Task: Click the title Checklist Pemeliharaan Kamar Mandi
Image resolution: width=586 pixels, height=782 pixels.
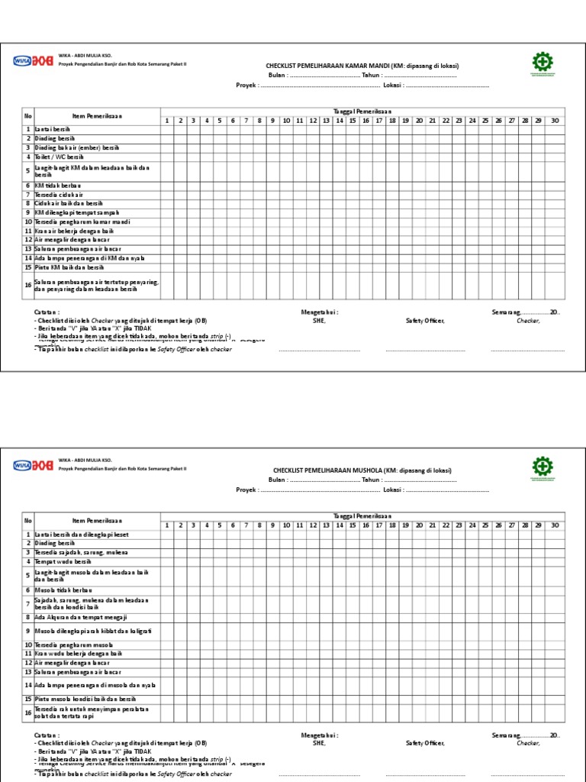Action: click(x=362, y=66)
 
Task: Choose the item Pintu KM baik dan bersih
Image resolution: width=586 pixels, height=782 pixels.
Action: click(x=69, y=267)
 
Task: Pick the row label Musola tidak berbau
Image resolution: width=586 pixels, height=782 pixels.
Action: click(x=63, y=590)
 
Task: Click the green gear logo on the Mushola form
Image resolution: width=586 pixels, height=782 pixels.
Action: click(x=543, y=468)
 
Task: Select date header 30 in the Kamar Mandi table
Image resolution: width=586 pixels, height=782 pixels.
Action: click(x=555, y=121)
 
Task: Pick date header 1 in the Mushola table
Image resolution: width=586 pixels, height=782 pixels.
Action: click(x=167, y=525)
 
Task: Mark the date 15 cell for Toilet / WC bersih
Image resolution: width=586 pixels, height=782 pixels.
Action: click(x=353, y=157)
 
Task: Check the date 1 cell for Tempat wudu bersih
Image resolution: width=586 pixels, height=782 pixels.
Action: click(x=167, y=561)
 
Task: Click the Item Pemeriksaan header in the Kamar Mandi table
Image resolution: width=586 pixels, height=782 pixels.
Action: click(x=97, y=116)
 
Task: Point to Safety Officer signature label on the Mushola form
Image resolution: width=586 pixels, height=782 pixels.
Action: click(x=425, y=742)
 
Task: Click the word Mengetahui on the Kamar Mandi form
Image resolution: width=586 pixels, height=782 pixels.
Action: click(x=320, y=312)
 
